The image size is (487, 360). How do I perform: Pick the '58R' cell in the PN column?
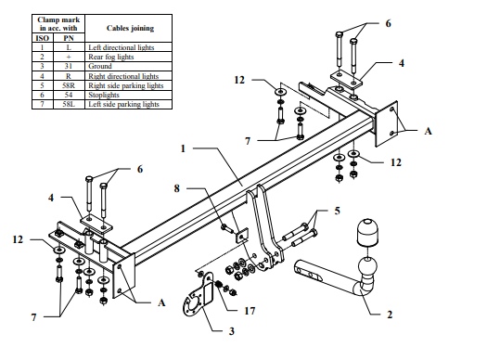pyautogui.click(x=69, y=85)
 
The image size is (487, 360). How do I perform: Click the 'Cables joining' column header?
pyautogui.click(x=130, y=28)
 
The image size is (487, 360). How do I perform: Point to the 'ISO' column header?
pyautogui.click(x=43, y=38)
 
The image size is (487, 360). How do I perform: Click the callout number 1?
pyautogui.click(x=183, y=148)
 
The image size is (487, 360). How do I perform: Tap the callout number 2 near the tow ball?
pyautogui.click(x=390, y=315)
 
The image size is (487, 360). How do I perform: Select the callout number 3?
pyautogui.click(x=232, y=331)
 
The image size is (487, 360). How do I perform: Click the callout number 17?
pyautogui.click(x=250, y=311)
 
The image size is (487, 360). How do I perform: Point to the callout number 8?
pyautogui.click(x=177, y=188)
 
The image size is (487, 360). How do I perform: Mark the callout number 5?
pyautogui.click(x=338, y=211)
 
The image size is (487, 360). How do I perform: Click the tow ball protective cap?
pyautogui.click(x=367, y=232)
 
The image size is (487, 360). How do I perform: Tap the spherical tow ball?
pyautogui.click(x=367, y=268)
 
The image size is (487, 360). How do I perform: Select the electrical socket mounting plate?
pyautogui.click(x=199, y=295)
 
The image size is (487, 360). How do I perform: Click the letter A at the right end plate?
pyautogui.click(x=428, y=131)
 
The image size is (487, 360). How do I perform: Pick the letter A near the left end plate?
pyautogui.click(x=161, y=302)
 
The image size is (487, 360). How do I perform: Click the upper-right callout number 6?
pyautogui.click(x=389, y=23)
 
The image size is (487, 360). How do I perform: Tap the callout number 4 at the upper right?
pyautogui.click(x=402, y=63)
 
